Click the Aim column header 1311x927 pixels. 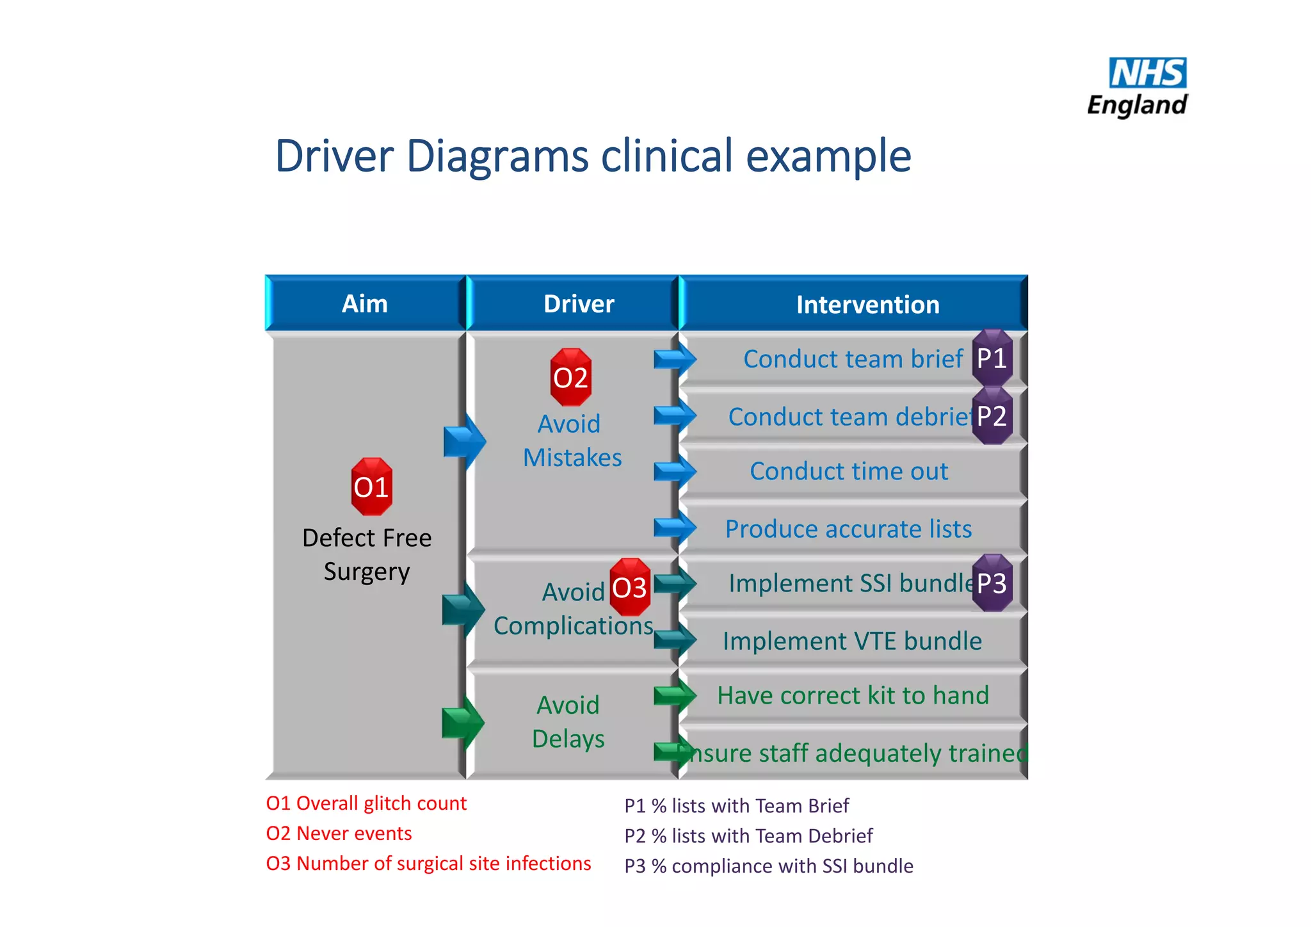365,304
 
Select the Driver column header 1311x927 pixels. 579,304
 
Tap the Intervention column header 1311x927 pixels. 867,305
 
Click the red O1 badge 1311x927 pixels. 371,487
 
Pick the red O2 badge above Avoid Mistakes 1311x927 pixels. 570,378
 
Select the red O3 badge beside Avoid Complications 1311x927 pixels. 630,588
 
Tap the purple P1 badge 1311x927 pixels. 992,359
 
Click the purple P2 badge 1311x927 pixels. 992,416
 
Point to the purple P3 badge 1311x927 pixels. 992,583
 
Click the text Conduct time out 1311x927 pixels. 849,471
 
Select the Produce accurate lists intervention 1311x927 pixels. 848,529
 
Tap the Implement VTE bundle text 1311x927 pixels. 852,641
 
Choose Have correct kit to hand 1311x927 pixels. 853,695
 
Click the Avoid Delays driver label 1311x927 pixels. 568,722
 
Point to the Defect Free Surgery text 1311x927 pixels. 367,554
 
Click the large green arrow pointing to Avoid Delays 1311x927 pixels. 463,723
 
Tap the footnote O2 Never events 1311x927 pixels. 339,834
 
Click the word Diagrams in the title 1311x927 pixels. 497,156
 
